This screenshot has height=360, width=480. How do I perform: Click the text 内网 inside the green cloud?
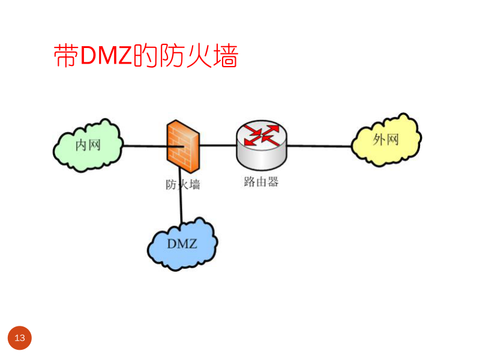pos(88,145)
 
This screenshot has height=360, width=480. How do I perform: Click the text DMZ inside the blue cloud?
pos(182,244)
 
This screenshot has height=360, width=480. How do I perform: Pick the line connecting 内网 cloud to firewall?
pos(144,145)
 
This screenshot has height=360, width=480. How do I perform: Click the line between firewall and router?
pos(217,145)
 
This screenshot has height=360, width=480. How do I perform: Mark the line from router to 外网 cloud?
pos(318,145)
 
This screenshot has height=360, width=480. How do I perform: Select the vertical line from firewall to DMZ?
pos(181,207)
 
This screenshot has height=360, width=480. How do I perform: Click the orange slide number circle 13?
pos(19,338)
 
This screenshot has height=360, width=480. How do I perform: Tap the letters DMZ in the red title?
pos(106,56)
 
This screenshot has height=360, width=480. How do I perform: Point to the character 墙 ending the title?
pos(225,56)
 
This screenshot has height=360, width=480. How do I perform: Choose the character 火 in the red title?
pos(199,56)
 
